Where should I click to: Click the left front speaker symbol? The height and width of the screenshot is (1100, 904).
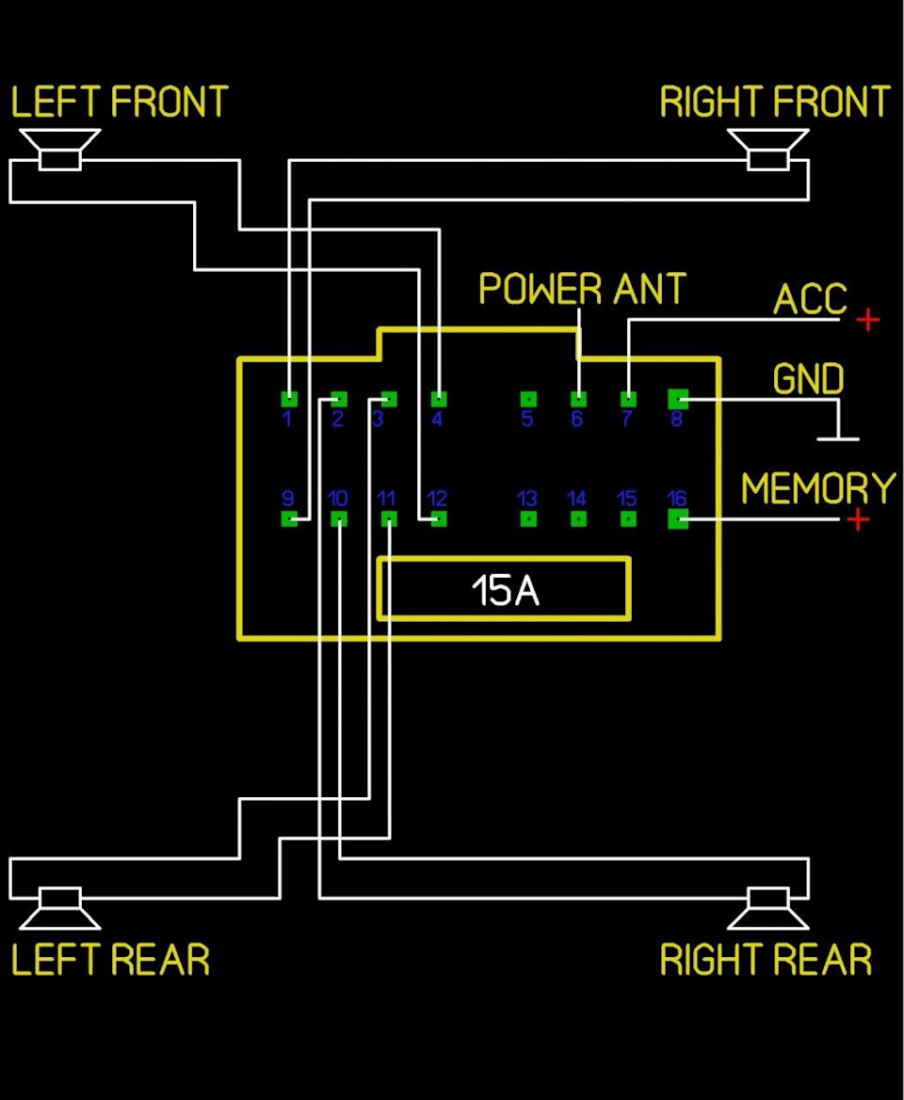click(60, 150)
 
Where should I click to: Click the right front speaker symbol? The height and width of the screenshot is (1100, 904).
click(768, 150)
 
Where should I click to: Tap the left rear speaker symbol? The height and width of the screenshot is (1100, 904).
click(60, 908)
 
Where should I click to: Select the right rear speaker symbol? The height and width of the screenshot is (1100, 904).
click(768, 908)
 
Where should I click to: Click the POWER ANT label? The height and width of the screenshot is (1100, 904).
click(582, 289)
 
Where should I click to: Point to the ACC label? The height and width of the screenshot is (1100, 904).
click(810, 299)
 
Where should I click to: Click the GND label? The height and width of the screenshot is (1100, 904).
click(808, 379)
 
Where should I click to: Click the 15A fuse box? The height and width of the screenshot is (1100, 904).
click(504, 589)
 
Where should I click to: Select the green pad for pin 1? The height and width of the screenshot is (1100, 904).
click(289, 399)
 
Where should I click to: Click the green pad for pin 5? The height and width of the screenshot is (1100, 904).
click(528, 399)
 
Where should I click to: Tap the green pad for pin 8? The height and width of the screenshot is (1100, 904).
click(678, 399)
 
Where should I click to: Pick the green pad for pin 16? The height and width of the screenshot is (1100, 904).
click(678, 519)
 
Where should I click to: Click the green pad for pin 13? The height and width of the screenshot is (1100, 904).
click(528, 519)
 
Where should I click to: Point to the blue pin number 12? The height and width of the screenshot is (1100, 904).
click(437, 499)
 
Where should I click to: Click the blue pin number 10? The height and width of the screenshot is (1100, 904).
click(338, 499)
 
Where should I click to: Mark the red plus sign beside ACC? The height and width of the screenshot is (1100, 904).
click(868, 319)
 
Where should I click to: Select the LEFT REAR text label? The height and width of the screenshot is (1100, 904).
click(111, 960)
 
